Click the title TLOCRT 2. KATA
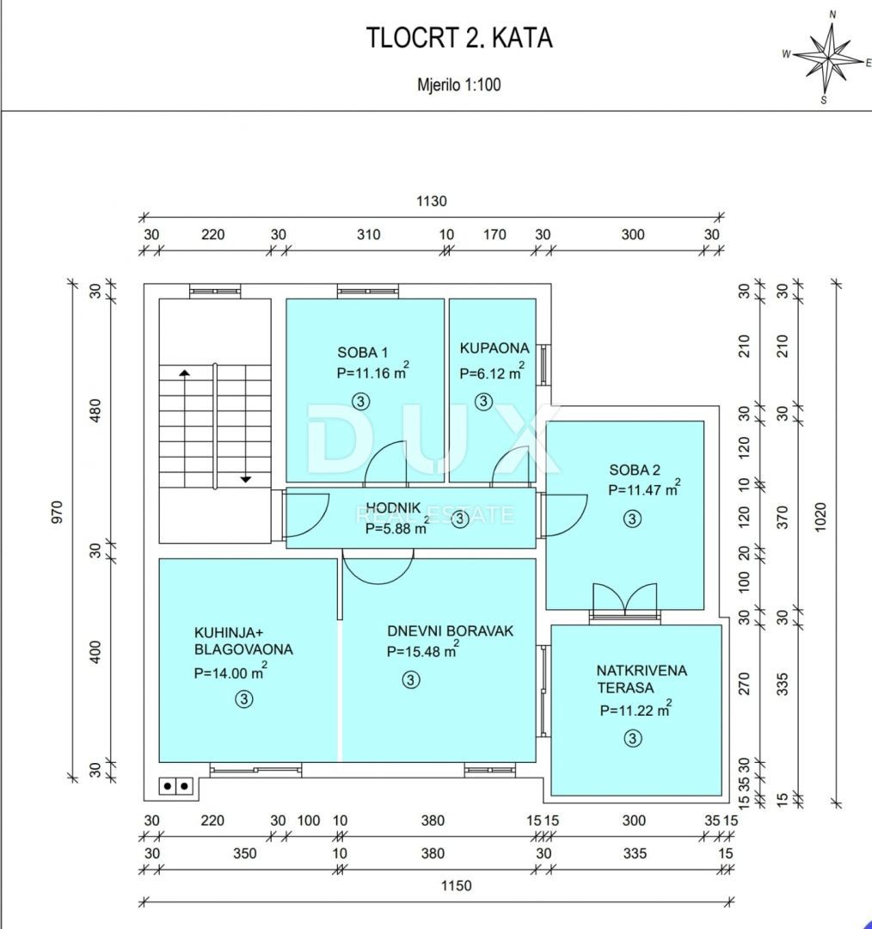(459, 39)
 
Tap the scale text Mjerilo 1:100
(459, 84)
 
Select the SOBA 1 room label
(362, 352)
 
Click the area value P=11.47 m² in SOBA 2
(644, 489)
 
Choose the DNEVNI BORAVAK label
(450, 631)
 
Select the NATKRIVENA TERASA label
(642, 679)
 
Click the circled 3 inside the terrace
(633, 738)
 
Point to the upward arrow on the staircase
(184, 372)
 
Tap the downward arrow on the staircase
(245, 477)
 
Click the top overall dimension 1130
(432, 201)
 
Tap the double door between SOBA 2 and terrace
(624, 599)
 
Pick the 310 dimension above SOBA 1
(368, 234)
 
